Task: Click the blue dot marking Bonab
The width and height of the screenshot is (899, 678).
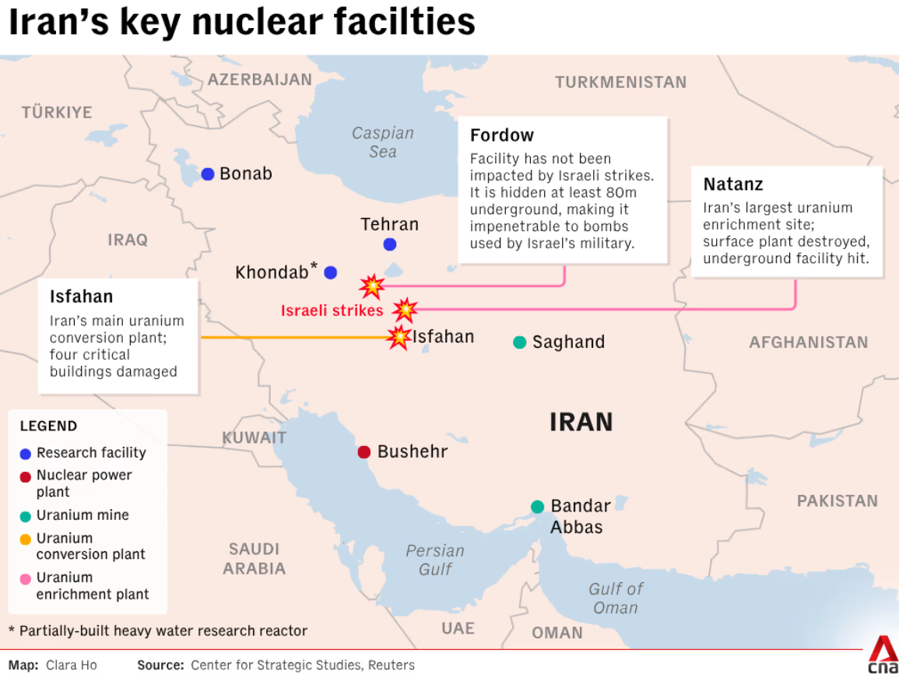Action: point(208,174)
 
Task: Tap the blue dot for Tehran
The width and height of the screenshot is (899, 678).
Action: point(390,244)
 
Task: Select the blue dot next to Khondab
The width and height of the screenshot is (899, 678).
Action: point(331,272)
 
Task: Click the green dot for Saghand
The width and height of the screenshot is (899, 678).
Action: point(520,343)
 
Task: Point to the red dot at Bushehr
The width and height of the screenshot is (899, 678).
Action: point(363,452)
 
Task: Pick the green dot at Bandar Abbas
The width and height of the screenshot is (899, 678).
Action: point(537,507)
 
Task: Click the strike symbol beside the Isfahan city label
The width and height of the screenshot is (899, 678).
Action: point(399,337)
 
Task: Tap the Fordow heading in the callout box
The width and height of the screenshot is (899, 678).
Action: point(502,135)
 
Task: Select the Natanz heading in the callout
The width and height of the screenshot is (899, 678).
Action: point(733,184)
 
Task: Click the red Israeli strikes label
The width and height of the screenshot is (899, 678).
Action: point(332,311)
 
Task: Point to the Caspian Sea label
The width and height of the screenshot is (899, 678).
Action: point(382,142)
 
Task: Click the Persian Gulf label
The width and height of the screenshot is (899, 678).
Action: point(435,560)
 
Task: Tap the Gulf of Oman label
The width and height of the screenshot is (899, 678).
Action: point(616,598)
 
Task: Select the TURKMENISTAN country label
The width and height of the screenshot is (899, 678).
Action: point(620,83)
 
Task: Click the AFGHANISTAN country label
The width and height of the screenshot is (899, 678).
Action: point(808,343)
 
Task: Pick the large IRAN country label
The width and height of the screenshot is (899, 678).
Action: point(581,422)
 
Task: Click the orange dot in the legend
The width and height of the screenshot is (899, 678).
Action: point(26,539)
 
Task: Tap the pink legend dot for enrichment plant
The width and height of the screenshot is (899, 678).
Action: point(26,578)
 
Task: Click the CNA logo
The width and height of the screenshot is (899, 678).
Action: point(883,655)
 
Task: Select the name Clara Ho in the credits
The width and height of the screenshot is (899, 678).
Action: point(72,666)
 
